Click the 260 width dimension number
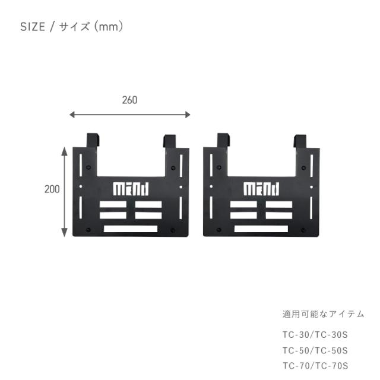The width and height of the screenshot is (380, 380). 129,100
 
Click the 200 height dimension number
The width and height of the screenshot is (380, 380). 52,189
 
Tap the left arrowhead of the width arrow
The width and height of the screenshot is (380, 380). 72,115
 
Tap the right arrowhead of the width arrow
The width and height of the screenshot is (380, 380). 188,115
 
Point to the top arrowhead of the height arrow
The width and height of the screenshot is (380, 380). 64,151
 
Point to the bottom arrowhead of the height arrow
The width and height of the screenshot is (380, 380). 64,233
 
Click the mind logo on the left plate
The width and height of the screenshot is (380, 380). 131,189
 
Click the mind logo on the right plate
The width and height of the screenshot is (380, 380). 261,189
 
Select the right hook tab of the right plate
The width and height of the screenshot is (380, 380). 300,141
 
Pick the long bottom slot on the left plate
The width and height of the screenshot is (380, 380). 131,229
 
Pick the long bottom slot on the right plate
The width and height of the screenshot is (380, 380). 261,229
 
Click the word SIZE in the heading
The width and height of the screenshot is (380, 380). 33,27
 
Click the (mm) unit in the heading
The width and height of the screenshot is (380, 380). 109,27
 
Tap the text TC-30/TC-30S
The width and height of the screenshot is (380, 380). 315,335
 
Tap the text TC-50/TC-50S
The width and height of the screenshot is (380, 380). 315,350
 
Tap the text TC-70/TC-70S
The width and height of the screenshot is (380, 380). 315,366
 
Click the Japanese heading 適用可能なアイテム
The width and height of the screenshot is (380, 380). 323,314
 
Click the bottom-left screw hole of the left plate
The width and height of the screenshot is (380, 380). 88,230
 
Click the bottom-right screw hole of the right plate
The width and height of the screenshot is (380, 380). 303,230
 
